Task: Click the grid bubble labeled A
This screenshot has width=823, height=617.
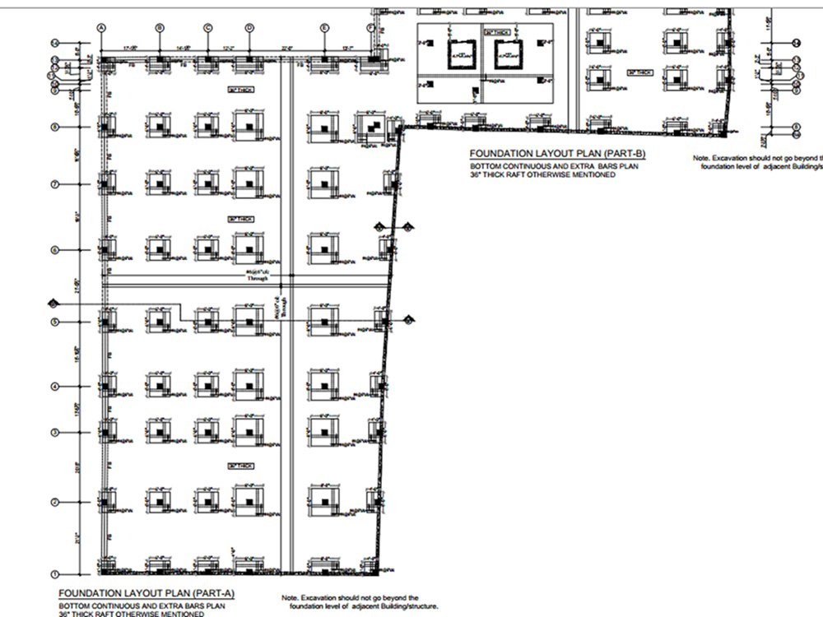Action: [x=102, y=28]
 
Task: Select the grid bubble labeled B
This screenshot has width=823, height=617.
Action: [x=160, y=28]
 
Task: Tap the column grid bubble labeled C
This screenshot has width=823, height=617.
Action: [x=208, y=28]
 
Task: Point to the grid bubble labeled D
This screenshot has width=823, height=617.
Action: [x=249, y=28]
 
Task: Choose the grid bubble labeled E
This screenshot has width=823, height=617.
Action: [x=325, y=28]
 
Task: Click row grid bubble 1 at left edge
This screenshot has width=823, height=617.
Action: [x=55, y=574]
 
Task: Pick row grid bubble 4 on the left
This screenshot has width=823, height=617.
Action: [x=55, y=386]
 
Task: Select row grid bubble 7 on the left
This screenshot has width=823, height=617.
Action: [x=55, y=184]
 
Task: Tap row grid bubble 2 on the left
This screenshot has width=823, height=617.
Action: [x=55, y=502]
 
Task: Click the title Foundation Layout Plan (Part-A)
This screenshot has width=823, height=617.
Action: [x=134, y=593]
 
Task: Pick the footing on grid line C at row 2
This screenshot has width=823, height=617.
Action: [x=207, y=500]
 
